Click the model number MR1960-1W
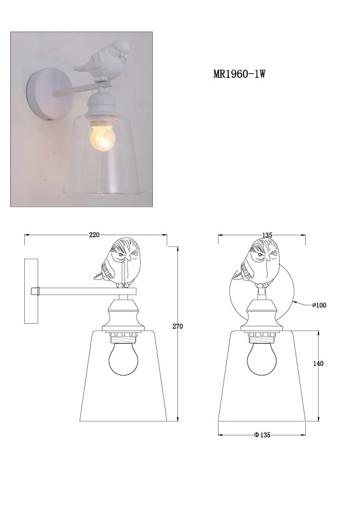pyautogui.click(x=240, y=74)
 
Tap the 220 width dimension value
pyautogui.click(x=94, y=235)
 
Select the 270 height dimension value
pyautogui.click(x=178, y=326)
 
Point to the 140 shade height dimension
pyautogui.click(x=319, y=363)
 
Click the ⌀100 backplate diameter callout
pyautogui.click(x=319, y=305)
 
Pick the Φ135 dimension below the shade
pyautogui.click(x=262, y=435)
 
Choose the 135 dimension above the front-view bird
pyautogui.click(x=267, y=235)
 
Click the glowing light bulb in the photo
pyautogui.click(x=103, y=138)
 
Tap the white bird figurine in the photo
pyautogui.click(x=102, y=59)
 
